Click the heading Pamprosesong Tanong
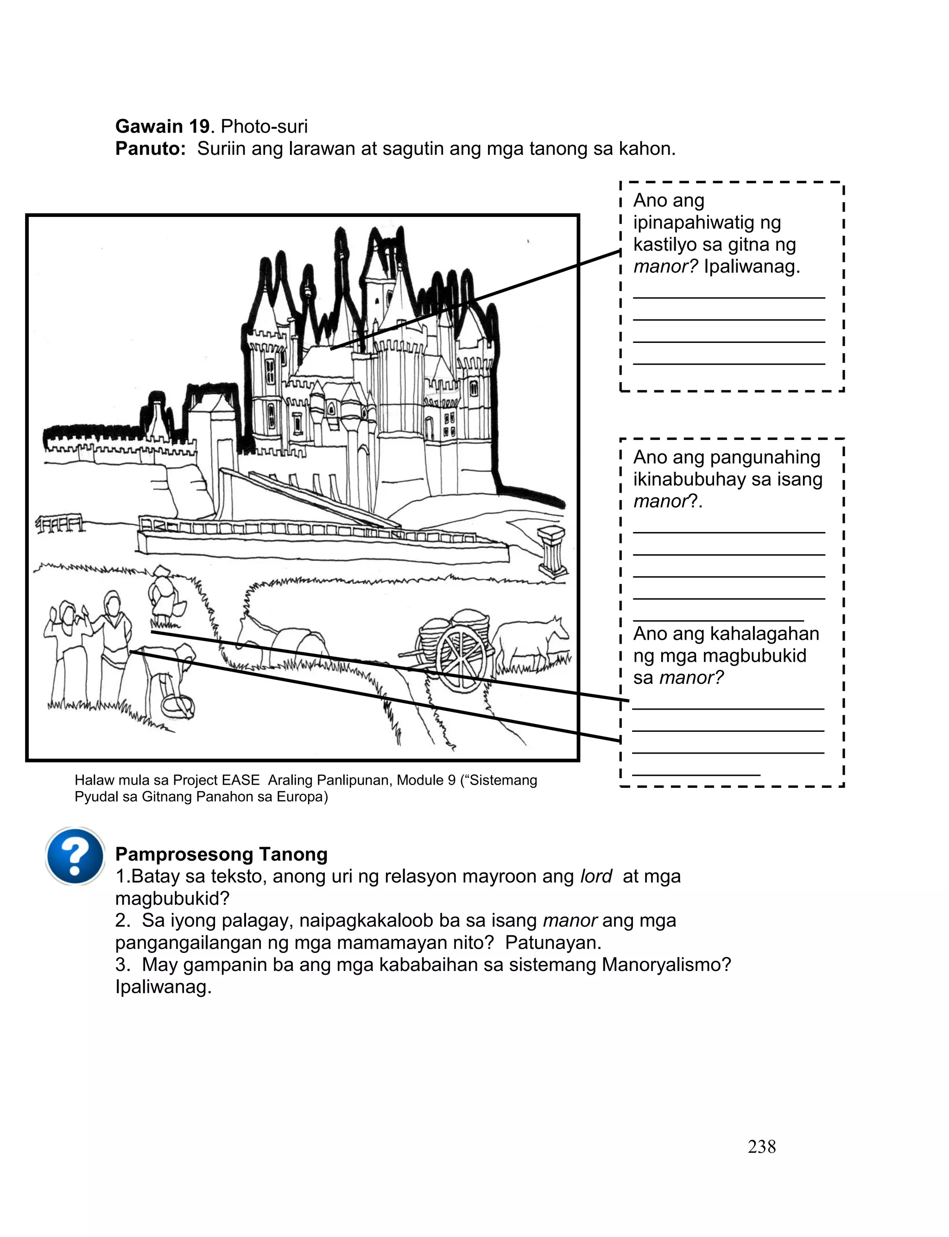pos(221,854)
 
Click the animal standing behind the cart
pos(531,641)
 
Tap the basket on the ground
pos(178,706)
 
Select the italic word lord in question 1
pos(596,876)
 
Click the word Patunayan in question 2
pos(553,942)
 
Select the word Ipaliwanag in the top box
pos(751,266)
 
